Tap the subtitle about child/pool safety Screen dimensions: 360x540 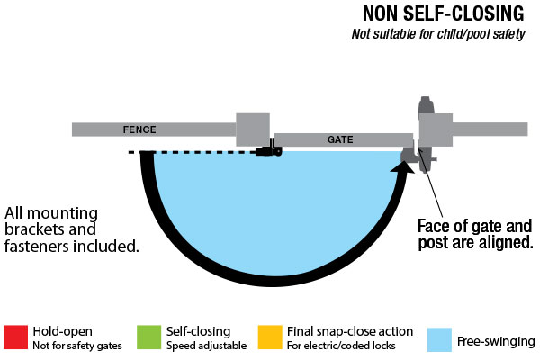442,35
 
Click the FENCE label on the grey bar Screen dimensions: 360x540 139,130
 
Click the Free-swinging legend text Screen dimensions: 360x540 496,341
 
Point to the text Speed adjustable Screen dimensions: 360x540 198,345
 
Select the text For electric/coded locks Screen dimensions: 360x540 335,345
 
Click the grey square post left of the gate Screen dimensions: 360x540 252,129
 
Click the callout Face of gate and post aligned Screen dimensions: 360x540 475,234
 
